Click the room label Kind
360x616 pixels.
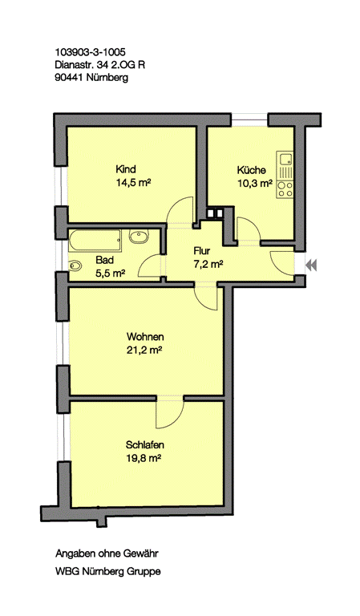click(x=126, y=169)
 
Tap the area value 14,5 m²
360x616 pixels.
click(x=133, y=183)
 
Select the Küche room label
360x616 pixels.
click(x=251, y=170)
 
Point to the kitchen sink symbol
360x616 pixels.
click(x=285, y=159)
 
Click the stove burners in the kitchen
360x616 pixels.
click(x=285, y=189)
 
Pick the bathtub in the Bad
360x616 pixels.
click(x=95, y=241)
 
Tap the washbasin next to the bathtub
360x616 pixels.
click(x=139, y=237)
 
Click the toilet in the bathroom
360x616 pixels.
click(x=75, y=266)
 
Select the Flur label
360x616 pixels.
click(x=202, y=251)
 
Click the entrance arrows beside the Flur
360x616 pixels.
click(x=311, y=265)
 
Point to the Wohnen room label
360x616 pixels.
click(x=145, y=337)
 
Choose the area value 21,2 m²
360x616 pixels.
click(x=144, y=350)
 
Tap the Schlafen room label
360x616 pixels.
click(x=145, y=445)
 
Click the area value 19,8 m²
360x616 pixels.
click(x=144, y=458)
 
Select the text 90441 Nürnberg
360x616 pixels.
click(x=92, y=77)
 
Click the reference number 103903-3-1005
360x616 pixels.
click(x=91, y=51)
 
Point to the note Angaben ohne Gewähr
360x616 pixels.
click(x=107, y=554)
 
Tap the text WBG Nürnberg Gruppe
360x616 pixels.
click(x=108, y=572)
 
